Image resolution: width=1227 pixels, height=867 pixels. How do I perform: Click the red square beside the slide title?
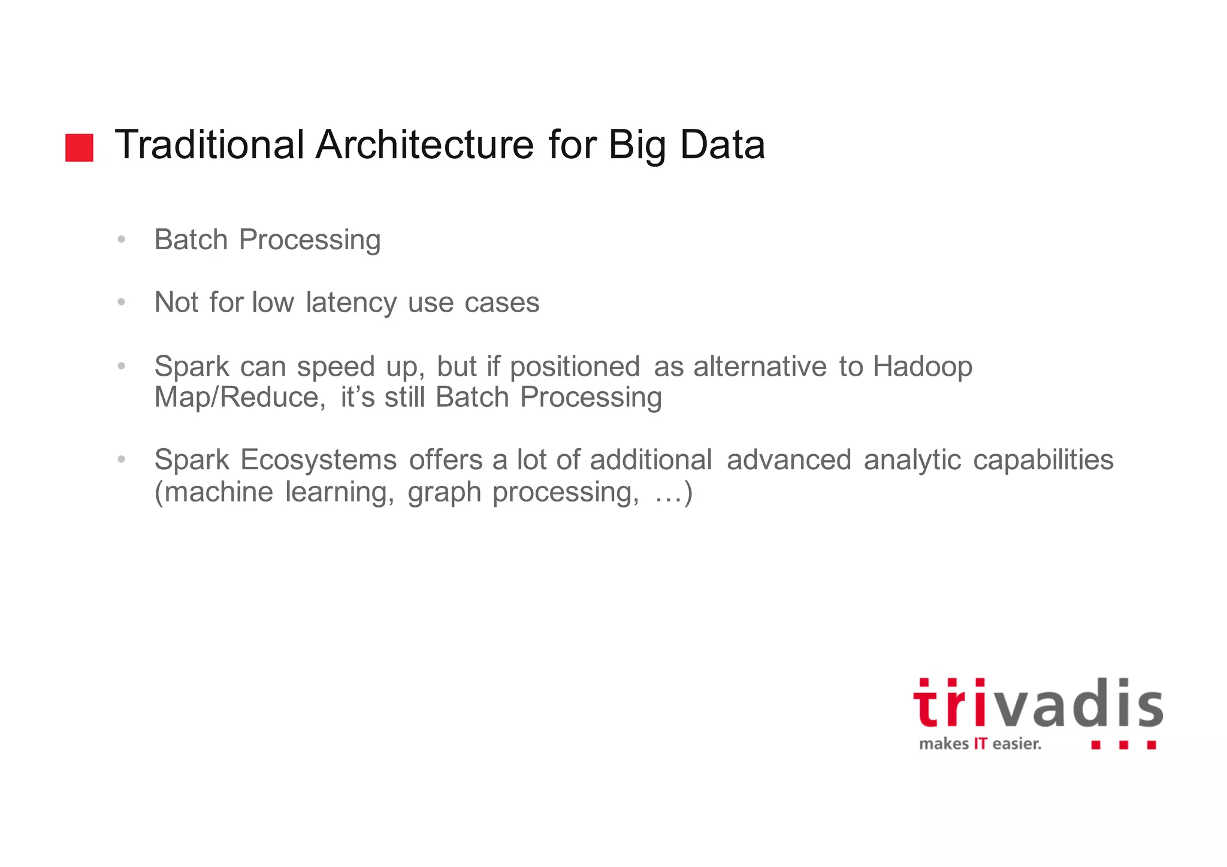click(79, 147)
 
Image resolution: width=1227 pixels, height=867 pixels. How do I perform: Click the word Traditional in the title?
click(209, 145)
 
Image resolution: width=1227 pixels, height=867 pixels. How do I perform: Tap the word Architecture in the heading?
click(424, 145)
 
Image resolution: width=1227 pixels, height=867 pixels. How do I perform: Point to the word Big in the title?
click(637, 146)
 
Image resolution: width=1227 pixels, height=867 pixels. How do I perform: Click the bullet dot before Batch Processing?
click(122, 240)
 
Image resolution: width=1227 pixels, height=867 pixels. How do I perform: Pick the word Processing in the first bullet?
click(309, 240)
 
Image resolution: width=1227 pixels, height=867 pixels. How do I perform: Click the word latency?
click(350, 303)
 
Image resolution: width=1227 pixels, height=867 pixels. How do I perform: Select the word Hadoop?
click(922, 367)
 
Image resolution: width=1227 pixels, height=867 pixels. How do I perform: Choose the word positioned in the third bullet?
click(575, 367)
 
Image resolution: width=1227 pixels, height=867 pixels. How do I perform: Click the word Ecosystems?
click(318, 460)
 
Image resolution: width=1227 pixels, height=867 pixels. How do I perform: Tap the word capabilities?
click(1042, 460)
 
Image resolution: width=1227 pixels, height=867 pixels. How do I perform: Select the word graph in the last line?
click(444, 493)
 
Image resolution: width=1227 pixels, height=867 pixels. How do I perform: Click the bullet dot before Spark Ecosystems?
click(122, 460)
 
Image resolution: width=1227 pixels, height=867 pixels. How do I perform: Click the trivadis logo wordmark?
click(1037, 705)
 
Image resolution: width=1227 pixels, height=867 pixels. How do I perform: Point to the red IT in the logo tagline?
click(980, 744)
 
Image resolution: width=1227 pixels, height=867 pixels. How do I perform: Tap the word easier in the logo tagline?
click(1016, 744)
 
